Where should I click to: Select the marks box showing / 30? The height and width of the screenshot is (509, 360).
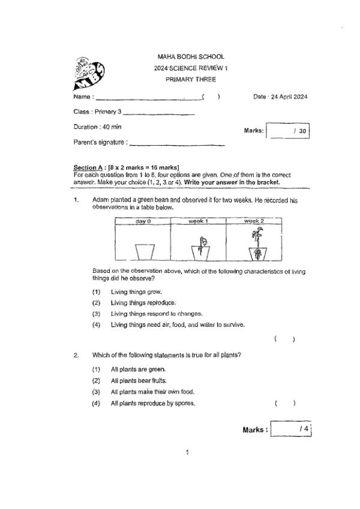tap(287, 131)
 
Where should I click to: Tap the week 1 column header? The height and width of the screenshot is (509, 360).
tap(198, 221)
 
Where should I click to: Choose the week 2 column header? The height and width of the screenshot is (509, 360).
tap(254, 221)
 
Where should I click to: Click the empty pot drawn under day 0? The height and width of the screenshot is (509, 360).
tap(143, 251)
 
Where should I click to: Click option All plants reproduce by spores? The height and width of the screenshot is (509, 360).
tap(152, 403)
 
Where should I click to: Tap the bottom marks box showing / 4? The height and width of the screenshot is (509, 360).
tap(292, 430)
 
